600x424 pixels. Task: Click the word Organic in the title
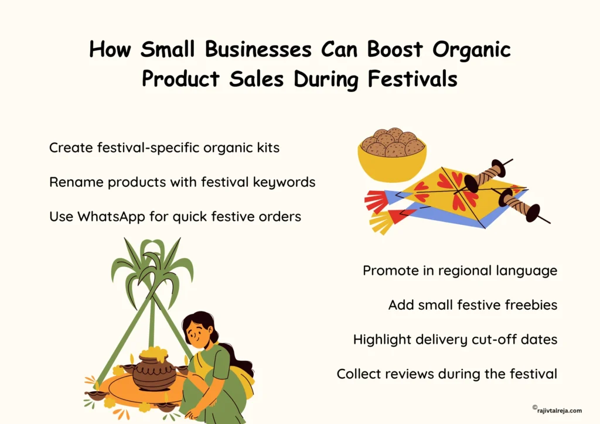pyautogui.click(x=472, y=50)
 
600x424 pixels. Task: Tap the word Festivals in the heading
pyautogui.click(x=408, y=79)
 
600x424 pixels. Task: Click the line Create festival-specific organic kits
pyautogui.click(x=164, y=148)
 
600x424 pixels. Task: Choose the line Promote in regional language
pyautogui.click(x=459, y=271)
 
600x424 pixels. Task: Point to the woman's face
pyautogui.click(x=199, y=334)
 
